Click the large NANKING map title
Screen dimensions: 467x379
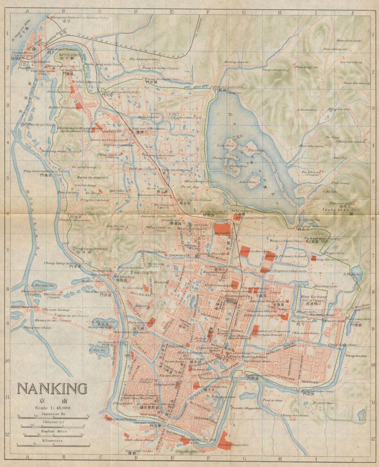click(x=52, y=388)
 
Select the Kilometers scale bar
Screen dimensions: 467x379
click(x=53, y=444)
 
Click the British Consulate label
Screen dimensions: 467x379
click(x=64, y=108)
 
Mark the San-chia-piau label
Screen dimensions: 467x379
click(x=349, y=41)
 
